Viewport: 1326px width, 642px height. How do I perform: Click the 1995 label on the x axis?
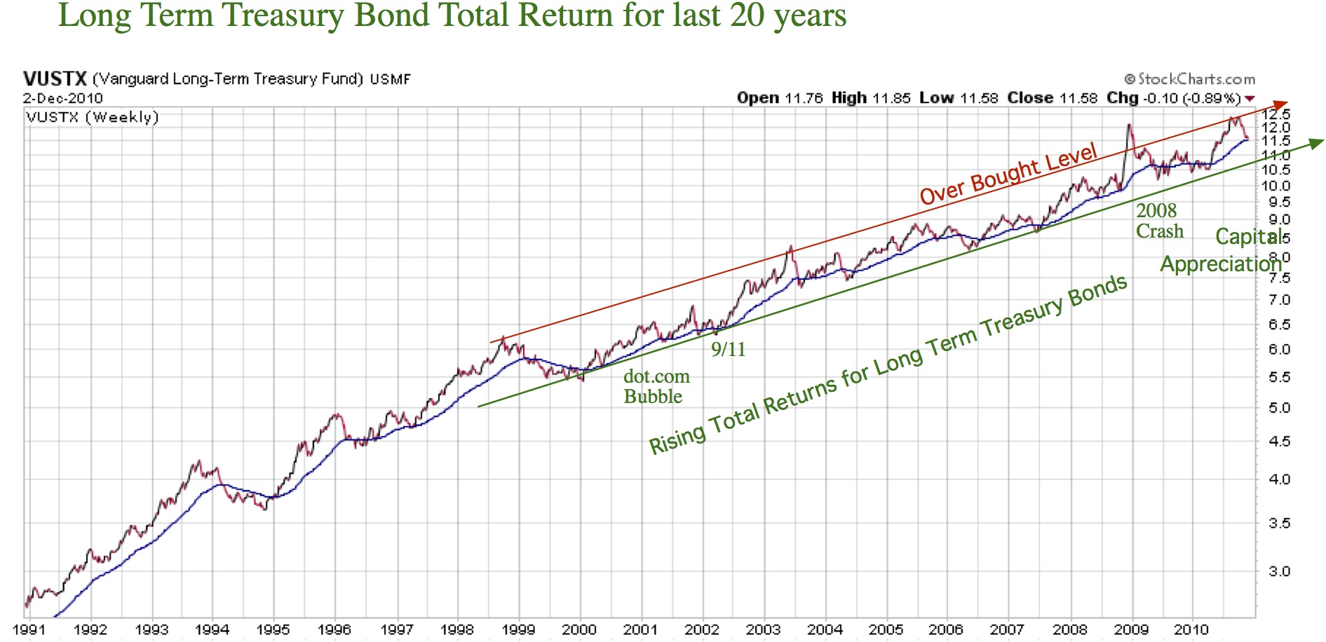click(273, 629)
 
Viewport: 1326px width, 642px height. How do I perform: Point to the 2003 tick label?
click(763, 629)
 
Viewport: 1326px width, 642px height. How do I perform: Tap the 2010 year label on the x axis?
click(1191, 629)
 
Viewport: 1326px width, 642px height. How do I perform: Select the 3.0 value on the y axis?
click(1279, 571)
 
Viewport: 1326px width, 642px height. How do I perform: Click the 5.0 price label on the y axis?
click(1279, 408)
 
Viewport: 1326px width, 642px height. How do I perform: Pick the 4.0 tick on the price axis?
click(1279, 480)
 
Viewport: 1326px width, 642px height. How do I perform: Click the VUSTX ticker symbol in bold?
click(55, 78)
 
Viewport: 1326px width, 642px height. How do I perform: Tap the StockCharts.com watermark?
click(1190, 79)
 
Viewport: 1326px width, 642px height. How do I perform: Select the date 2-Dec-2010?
click(62, 98)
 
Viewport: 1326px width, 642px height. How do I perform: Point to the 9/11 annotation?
click(728, 349)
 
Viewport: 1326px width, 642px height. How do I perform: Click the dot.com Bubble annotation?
click(656, 386)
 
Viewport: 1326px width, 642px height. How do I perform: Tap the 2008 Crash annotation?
click(1158, 221)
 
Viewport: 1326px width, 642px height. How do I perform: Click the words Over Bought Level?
click(1008, 174)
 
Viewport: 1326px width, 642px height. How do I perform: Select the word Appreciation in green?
click(1220, 264)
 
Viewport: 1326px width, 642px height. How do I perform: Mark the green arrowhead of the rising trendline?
click(1315, 143)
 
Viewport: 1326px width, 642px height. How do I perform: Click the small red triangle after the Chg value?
click(1250, 99)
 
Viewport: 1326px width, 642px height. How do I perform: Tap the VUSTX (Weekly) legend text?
click(93, 117)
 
